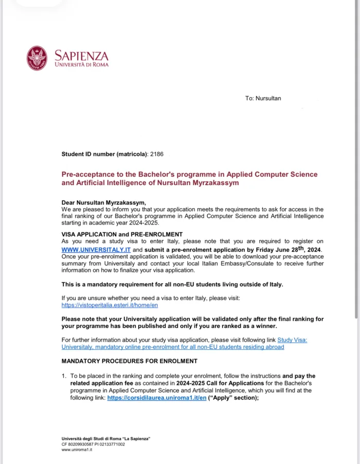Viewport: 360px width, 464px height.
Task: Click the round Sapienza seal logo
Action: pyautogui.click(x=37, y=58)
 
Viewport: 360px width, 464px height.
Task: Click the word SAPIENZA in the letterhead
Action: pyautogui.click(x=81, y=55)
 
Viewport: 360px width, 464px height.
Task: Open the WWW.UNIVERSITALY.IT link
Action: pyautogui.click(x=96, y=250)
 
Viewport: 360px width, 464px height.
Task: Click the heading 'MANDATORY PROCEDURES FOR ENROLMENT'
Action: pyautogui.click(x=129, y=361)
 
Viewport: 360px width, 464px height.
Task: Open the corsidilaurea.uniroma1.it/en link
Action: pyautogui.click(x=156, y=398)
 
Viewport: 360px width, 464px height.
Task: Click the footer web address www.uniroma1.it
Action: pyautogui.click(x=77, y=450)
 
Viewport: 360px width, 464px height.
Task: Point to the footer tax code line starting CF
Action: pyautogui.click(x=93, y=444)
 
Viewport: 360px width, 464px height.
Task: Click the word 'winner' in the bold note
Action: pyautogui.click(x=263, y=326)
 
